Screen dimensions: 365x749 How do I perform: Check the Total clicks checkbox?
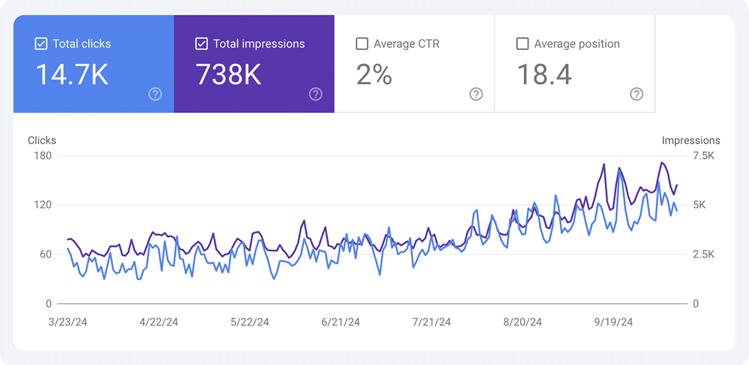[41, 44]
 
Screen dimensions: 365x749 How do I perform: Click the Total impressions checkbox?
[201, 44]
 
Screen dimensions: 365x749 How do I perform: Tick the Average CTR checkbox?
[362, 44]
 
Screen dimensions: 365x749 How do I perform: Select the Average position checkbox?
[522, 44]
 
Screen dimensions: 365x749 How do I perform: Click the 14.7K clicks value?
[72, 75]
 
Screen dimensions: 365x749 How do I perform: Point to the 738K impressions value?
[229, 75]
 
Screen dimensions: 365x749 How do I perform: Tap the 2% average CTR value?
[374, 75]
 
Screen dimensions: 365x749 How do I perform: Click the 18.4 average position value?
[544, 75]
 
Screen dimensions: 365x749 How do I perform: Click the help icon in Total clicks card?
[155, 95]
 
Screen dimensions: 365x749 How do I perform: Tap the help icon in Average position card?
[637, 95]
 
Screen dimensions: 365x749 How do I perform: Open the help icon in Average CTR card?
[476, 95]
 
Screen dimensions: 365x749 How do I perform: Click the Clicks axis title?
[42, 140]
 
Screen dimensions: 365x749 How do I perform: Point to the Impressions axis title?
[691, 140]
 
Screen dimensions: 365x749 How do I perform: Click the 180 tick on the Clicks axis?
[43, 156]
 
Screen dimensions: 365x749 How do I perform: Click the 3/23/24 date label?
[68, 322]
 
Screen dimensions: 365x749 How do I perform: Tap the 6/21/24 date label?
[341, 322]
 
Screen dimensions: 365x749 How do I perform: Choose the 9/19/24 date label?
[613, 322]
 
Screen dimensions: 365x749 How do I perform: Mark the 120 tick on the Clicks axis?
[43, 205]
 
